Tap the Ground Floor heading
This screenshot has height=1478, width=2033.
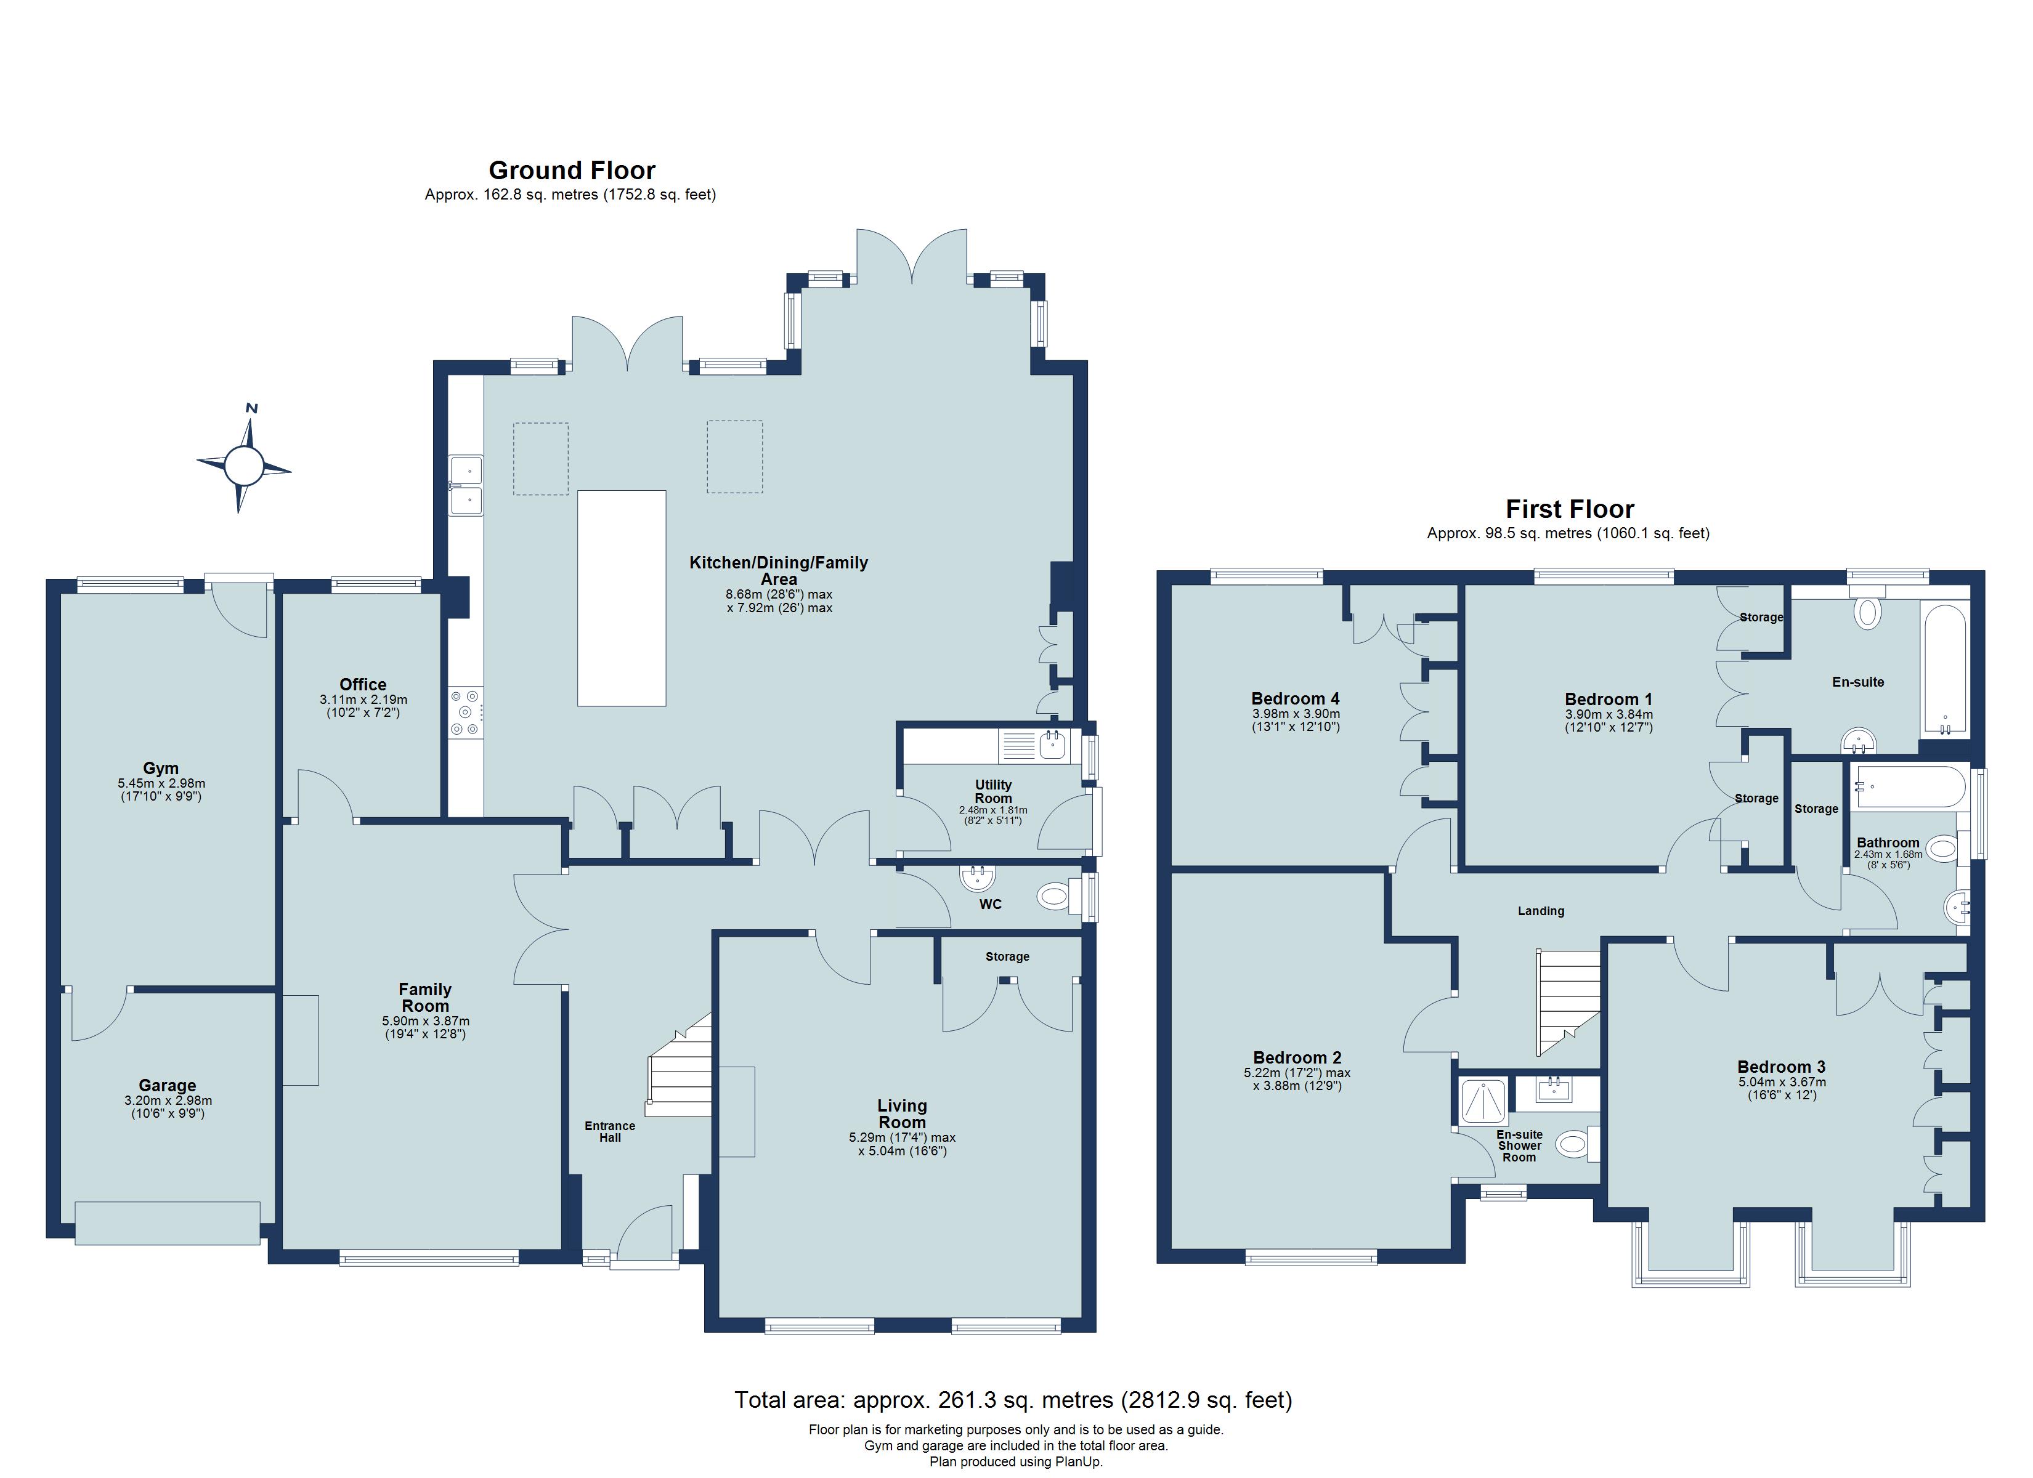tap(572, 171)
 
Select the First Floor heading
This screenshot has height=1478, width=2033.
tap(1570, 509)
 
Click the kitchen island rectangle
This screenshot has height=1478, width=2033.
tap(621, 598)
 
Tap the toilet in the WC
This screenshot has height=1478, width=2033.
tap(1058, 895)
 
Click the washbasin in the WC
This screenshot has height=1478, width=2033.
tap(976, 878)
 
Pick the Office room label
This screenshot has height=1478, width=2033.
tap(363, 684)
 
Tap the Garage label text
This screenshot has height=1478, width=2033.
tap(168, 1086)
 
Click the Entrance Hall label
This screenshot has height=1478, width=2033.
tap(609, 1131)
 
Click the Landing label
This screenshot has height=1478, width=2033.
tap(1541, 911)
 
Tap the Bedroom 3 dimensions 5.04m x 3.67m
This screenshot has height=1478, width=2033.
tap(1781, 1082)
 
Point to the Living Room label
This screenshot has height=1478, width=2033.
tap(902, 1114)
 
